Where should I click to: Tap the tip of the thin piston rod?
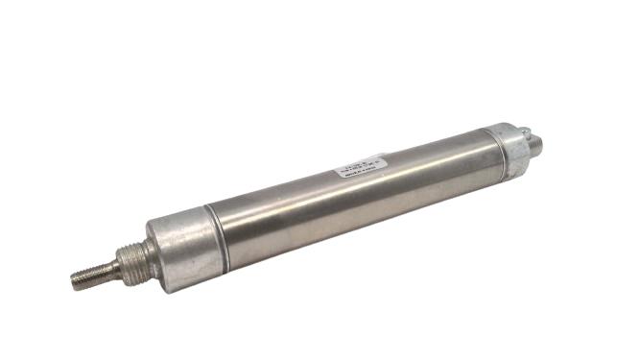pos(75,280)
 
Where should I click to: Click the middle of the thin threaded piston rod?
pos(97,273)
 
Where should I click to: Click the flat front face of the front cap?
pos(154,252)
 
